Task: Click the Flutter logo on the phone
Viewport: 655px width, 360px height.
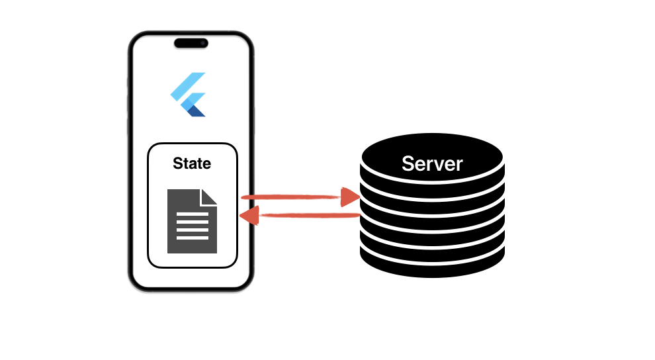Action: pos(189,95)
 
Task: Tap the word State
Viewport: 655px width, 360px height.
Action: pos(192,163)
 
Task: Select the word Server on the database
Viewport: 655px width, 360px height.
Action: pos(432,163)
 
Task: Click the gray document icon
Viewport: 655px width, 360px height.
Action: pos(192,221)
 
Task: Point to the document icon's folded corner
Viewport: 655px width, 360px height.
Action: pos(210,196)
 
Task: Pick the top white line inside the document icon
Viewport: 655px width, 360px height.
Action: pos(192,213)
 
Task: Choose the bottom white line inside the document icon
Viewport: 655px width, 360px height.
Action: pos(192,237)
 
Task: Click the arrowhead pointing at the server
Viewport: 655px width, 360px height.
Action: pos(350,197)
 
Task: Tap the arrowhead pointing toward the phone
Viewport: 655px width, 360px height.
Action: pos(251,216)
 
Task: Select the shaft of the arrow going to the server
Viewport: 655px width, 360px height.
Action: pos(291,197)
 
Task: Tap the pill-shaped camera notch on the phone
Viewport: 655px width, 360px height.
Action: pos(191,44)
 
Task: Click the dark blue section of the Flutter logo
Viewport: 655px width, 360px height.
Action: pos(196,111)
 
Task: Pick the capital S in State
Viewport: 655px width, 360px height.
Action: pos(177,163)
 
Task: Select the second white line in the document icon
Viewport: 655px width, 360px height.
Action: pos(192,221)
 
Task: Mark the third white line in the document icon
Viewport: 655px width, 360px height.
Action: pos(192,229)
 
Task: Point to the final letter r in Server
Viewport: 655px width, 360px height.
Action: pos(459,165)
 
